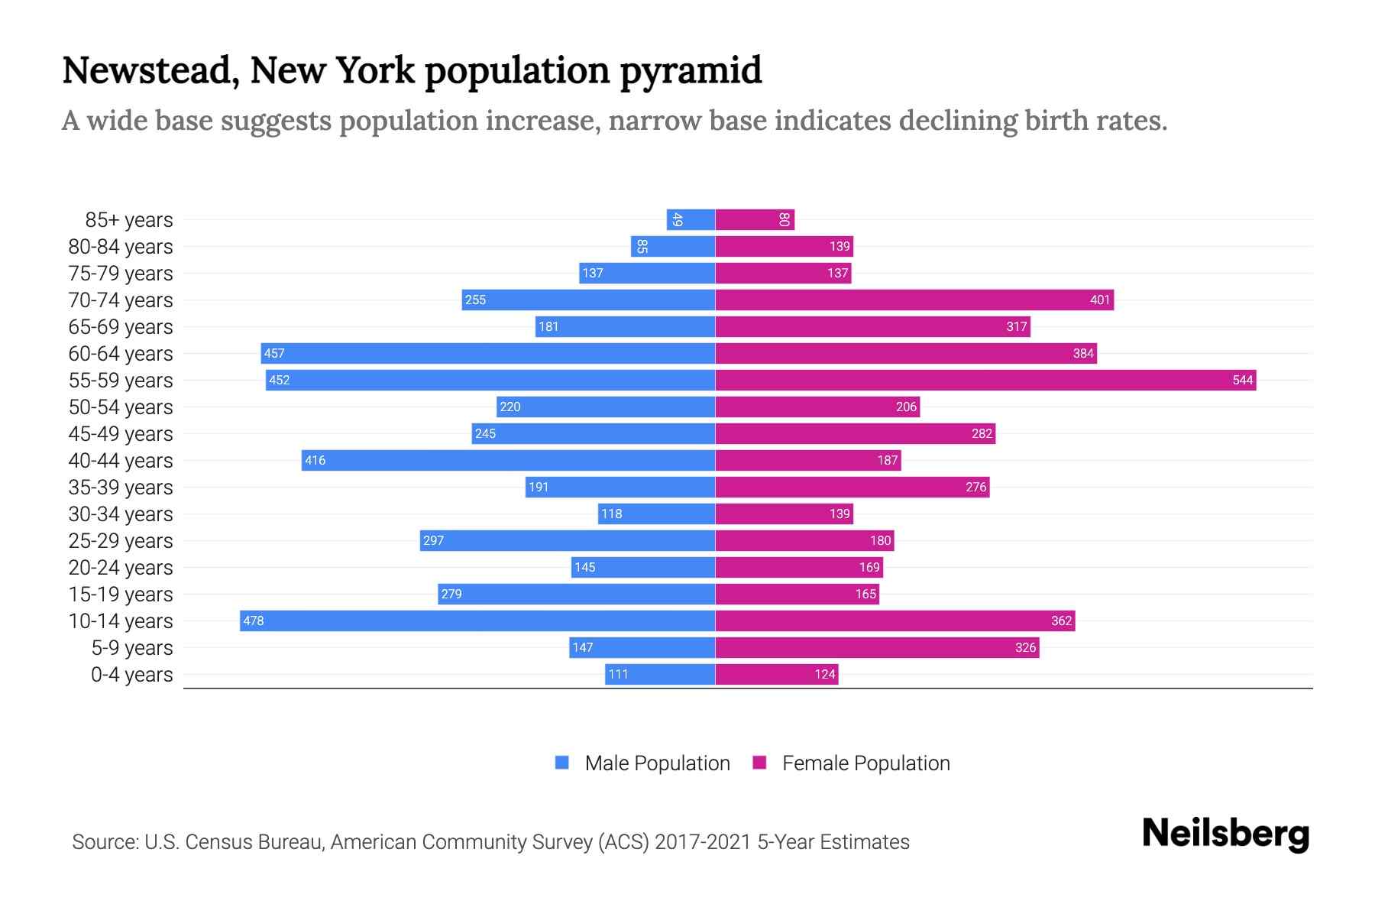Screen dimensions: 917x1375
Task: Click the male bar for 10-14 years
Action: tap(477, 621)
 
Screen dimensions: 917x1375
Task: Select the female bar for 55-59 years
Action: tap(985, 380)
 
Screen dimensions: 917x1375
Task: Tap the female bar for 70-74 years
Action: tap(914, 300)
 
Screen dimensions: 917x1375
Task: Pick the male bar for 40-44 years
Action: tap(508, 460)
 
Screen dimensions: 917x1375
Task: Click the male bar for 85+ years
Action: tap(691, 219)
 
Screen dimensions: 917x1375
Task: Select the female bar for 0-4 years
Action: tap(776, 674)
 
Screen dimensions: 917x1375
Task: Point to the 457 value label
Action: tap(274, 353)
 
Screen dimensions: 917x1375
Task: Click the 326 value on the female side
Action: tap(1025, 647)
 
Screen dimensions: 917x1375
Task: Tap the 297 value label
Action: tap(433, 540)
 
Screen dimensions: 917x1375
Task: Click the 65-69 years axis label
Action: tap(121, 327)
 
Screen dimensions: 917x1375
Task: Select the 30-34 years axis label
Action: tap(121, 514)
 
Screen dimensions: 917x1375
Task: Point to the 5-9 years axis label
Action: tap(132, 648)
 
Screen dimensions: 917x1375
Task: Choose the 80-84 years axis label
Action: tap(121, 247)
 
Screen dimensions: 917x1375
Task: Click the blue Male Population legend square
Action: tap(562, 763)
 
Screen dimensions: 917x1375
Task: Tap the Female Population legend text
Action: tap(865, 763)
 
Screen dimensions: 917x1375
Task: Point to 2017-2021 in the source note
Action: tap(703, 842)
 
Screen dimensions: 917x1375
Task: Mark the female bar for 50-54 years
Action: tap(817, 407)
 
